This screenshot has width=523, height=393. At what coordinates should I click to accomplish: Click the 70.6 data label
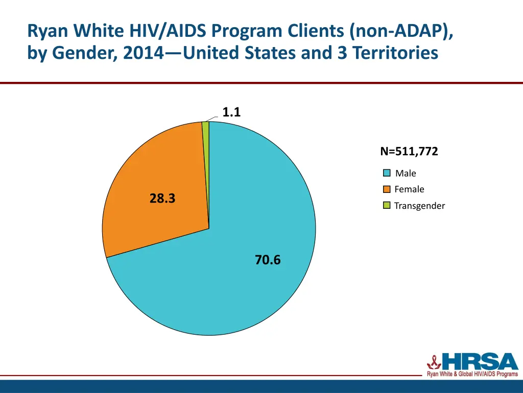(x=268, y=260)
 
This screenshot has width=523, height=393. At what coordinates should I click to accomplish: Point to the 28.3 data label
(x=162, y=199)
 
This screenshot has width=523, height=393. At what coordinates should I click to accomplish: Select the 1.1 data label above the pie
(x=231, y=112)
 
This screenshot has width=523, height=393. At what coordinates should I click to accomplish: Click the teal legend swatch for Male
(x=387, y=173)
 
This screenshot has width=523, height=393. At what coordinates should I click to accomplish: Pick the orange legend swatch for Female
(x=387, y=189)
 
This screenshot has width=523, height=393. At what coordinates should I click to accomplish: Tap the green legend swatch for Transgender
(x=387, y=206)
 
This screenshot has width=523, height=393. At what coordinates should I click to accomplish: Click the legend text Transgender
(x=419, y=206)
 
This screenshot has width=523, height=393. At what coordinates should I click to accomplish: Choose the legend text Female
(x=409, y=189)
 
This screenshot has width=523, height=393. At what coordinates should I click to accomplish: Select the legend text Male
(x=406, y=173)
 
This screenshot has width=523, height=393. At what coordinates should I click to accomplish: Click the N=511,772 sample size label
(x=409, y=151)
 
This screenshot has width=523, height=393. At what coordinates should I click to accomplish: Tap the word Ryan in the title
(x=49, y=32)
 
